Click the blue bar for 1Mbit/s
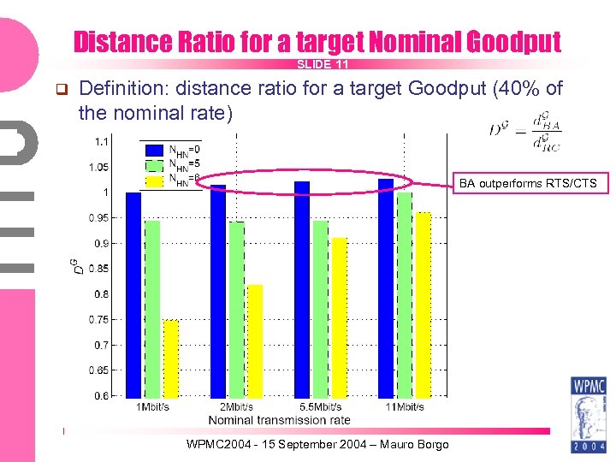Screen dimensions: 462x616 point(133,294)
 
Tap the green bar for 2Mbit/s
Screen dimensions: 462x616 point(237,309)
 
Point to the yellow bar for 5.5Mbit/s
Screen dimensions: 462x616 point(340,317)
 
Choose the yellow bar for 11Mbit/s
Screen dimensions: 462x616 point(423,304)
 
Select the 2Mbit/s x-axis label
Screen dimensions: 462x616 point(237,407)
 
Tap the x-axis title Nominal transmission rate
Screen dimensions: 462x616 point(280,420)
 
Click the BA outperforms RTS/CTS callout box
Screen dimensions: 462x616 point(528,183)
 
